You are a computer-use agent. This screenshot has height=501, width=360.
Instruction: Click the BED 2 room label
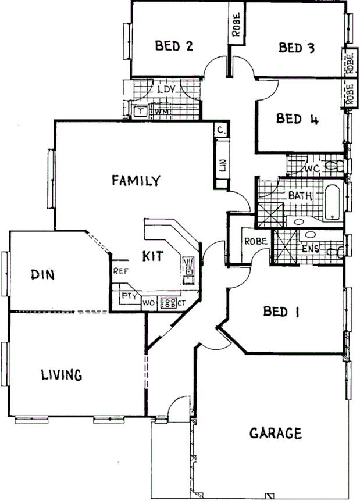pos(174,46)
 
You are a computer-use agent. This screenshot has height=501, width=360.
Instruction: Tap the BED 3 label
pos(297,48)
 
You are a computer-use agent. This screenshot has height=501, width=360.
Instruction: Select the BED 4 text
pos(297,120)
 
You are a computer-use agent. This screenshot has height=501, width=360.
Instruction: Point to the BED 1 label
pos(281,312)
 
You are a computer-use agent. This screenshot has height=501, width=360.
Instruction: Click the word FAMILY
pos(136,181)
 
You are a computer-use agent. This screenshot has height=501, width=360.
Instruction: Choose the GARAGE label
pos(276,434)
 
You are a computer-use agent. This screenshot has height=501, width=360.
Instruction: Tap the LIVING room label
pos(61,375)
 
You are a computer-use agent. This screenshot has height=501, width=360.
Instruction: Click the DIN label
pos(42,274)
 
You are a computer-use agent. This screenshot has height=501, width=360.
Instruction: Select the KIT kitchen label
pos(152,255)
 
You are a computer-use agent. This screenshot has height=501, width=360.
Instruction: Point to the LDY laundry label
pos(167,90)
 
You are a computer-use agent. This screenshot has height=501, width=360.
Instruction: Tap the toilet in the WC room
pos(333,167)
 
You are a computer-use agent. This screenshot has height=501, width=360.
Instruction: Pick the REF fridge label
pos(120,270)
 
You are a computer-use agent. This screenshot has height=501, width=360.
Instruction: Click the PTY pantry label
pos(128,296)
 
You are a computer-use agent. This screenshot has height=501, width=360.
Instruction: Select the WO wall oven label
pos(148,302)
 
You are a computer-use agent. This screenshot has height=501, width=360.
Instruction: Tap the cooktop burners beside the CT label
pos(168,302)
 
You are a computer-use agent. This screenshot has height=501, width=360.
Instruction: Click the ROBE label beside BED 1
pos(255,241)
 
